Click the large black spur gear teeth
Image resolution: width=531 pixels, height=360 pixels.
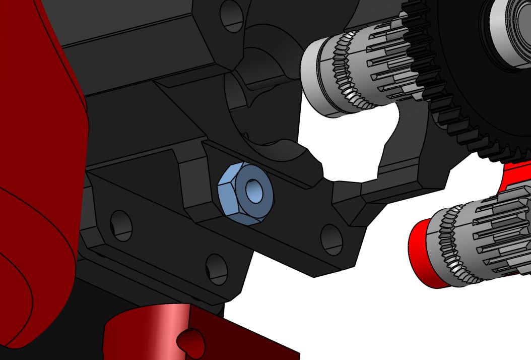(x=469, y=126)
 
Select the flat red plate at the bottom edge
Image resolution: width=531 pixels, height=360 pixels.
(x=252, y=343)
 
